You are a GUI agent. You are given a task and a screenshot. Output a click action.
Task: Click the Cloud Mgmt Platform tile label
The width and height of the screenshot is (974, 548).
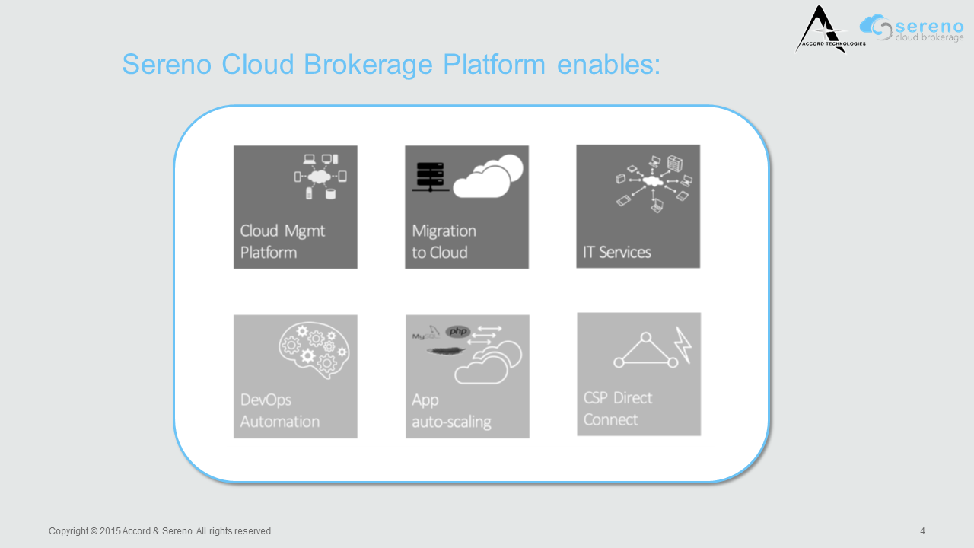(282, 241)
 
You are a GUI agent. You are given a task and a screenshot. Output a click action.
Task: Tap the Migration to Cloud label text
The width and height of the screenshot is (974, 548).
(444, 241)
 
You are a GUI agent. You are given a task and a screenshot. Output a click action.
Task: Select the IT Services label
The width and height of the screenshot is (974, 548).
(617, 252)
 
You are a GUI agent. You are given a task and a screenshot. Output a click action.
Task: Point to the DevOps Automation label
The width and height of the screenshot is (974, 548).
(279, 410)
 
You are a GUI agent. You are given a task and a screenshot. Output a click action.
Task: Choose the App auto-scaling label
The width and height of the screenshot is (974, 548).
(451, 410)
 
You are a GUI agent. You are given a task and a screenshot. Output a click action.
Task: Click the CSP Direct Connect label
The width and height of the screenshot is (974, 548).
(618, 409)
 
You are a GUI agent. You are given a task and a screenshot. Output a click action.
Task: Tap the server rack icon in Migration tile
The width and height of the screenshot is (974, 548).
(430, 175)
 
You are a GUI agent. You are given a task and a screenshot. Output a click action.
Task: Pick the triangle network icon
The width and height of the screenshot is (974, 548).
(645, 352)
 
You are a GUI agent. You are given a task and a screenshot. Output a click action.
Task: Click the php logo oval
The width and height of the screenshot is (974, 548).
(459, 332)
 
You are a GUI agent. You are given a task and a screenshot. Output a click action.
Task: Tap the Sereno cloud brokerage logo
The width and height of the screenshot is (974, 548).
(912, 28)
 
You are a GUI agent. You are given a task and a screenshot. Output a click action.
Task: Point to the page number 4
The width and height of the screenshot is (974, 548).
(922, 531)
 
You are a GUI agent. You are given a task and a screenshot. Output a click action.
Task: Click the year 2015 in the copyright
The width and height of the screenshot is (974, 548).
(110, 531)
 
